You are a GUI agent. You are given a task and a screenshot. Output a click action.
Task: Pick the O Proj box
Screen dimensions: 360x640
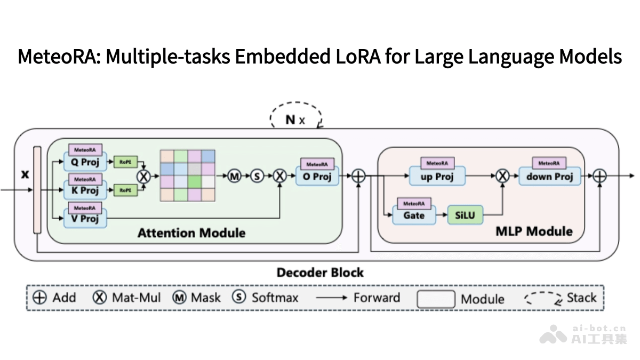pos(317,177)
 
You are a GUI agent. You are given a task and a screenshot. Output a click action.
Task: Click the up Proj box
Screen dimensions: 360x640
pos(437,177)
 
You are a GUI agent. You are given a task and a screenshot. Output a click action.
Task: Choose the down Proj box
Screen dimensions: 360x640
pos(549,177)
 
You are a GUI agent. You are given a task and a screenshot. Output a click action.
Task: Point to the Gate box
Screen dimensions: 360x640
pos(414,215)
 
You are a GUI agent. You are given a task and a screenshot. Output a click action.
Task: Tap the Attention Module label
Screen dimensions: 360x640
pos(191,233)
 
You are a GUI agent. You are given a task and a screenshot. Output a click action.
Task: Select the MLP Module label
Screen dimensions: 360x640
pos(534,231)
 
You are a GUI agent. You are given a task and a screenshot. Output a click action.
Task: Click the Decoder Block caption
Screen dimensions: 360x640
pos(320,273)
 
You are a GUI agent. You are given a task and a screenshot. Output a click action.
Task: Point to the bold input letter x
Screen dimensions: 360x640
pos(25,174)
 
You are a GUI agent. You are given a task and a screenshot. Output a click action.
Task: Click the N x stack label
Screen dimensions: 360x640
pos(295,119)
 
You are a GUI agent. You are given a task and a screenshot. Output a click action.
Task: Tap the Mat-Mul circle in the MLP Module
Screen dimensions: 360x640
pos(501,176)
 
